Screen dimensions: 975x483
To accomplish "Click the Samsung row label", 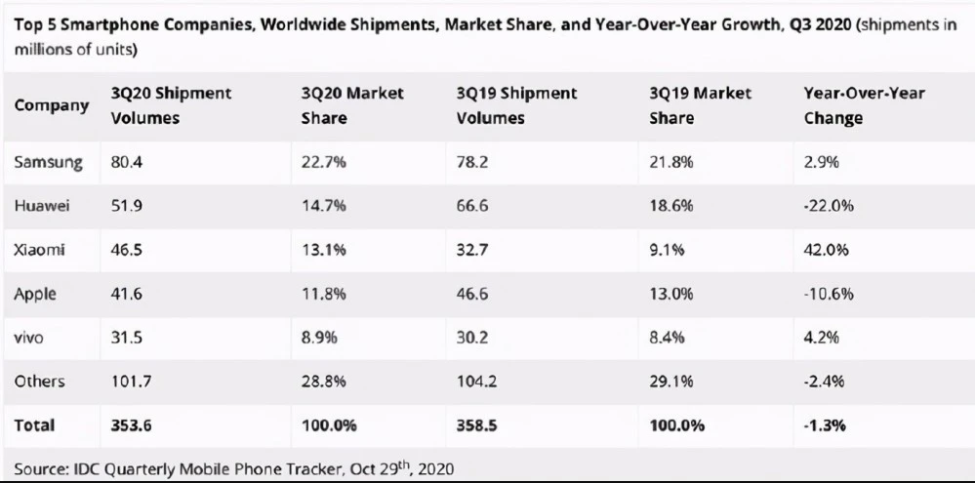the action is (x=48, y=163).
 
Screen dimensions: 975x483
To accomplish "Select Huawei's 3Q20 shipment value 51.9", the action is (x=126, y=206).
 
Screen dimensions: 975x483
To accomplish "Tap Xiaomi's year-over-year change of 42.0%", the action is (x=827, y=250).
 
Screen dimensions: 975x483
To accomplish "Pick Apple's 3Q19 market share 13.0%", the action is (x=670, y=294).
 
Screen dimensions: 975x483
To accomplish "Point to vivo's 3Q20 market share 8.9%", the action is (x=319, y=338).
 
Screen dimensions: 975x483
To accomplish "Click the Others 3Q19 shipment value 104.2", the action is (x=476, y=382).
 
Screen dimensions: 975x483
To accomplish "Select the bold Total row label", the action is (x=34, y=425).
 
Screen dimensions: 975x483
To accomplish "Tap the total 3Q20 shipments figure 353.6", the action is (x=131, y=425).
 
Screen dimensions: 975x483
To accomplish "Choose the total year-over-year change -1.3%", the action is (x=825, y=425).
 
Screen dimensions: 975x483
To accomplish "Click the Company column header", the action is (x=52, y=105).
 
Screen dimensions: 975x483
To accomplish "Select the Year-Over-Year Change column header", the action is (x=865, y=105).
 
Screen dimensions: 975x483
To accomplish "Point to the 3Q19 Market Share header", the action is (x=700, y=105).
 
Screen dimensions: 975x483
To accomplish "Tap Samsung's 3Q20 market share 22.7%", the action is (x=323, y=163).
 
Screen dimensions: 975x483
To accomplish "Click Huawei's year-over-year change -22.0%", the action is (x=829, y=206).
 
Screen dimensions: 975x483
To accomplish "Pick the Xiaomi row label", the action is (x=39, y=250).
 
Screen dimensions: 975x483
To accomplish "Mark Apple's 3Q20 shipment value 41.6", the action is (x=126, y=294).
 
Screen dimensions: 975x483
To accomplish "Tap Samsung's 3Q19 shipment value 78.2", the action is (x=472, y=163).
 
